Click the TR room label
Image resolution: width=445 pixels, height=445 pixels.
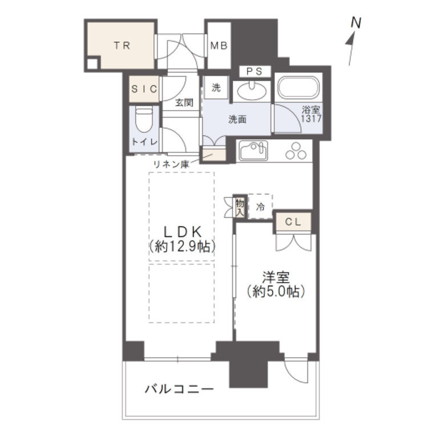(120, 46)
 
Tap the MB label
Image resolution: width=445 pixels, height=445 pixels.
(218, 46)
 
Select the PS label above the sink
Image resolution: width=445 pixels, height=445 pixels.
(254, 72)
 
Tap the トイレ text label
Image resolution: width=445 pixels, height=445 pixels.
(145, 143)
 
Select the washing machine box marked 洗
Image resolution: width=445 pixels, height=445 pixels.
(216, 88)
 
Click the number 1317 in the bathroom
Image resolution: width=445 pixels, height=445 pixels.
(312, 119)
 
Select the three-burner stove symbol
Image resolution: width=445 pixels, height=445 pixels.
(296, 151)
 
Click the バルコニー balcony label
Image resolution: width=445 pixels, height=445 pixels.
(179, 390)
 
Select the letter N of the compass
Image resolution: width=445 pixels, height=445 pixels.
(356, 23)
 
